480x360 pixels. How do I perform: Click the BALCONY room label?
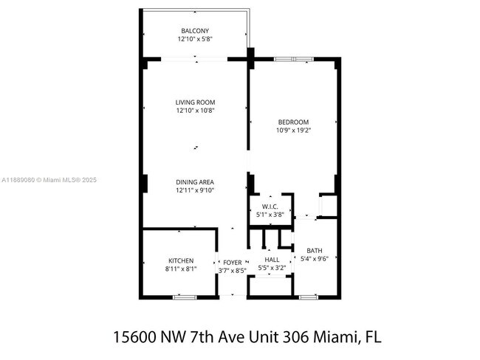pyautogui.click(x=195, y=30)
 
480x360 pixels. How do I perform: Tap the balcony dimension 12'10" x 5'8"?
pyautogui.click(x=195, y=38)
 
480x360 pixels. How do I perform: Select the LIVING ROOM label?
pyautogui.click(x=195, y=103)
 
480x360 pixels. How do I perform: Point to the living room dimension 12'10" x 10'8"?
pyautogui.click(x=195, y=111)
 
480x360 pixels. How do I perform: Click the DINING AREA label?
pyautogui.click(x=195, y=182)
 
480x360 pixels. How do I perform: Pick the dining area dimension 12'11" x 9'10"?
pyautogui.click(x=195, y=190)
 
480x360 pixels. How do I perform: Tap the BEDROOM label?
pyautogui.click(x=293, y=122)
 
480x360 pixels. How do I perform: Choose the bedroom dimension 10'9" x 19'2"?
pyautogui.click(x=293, y=130)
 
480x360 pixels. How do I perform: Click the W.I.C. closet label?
pyautogui.click(x=270, y=206)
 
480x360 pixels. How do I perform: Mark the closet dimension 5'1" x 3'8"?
pyautogui.click(x=270, y=214)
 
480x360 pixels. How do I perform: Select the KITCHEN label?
pyautogui.click(x=180, y=261)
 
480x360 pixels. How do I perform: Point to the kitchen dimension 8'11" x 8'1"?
pyautogui.click(x=180, y=269)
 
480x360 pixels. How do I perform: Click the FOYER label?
pyautogui.click(x=233, y=262)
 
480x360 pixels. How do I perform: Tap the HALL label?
pyautogui.click(x=272, y=260)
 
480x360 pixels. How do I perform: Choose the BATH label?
pyautogui.click(x=315, y=250)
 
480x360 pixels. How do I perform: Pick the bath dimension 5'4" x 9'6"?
pyautogui.click(x=315, y=259)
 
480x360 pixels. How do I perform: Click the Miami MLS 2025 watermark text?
pyautogui.click(x=48, y=180)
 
